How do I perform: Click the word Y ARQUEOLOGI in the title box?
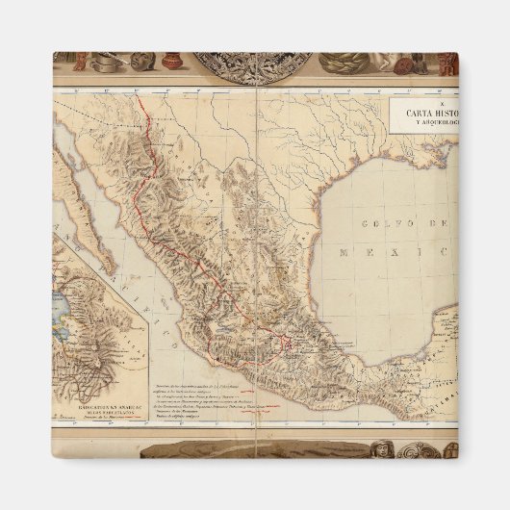click(x=426, y=124)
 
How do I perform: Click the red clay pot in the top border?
click(x=171, y=62)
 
